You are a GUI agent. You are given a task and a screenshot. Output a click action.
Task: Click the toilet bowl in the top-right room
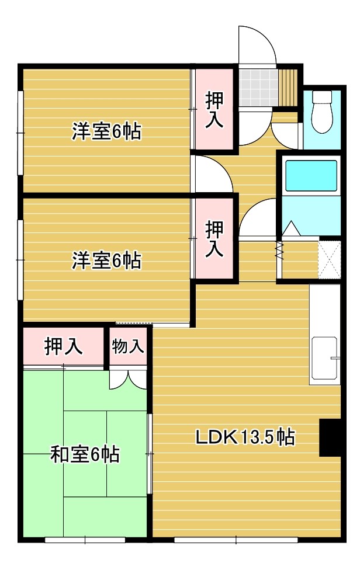tap(322, 113)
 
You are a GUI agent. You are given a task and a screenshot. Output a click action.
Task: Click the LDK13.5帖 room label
tap(244, 436)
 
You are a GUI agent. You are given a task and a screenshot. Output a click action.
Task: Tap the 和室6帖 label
tap(85, 453)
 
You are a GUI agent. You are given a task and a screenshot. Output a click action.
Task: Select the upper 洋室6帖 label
tap(106, 131)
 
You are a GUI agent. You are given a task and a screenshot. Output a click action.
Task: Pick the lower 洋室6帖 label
tap(106, 260)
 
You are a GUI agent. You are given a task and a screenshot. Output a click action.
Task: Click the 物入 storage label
tap(128, 346)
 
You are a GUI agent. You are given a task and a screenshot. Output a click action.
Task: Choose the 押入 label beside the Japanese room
tap(63, 347)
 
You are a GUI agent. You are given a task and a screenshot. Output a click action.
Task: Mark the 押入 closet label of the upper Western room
tap(214, 109)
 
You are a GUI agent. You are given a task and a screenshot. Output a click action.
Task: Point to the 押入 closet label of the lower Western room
tap(214, 238)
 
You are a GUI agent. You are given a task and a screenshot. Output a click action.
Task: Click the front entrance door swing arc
tap(257, 44)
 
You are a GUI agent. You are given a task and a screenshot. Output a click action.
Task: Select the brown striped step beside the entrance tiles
tap(287, 86)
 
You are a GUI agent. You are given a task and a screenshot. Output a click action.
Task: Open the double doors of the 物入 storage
tap(128, 378)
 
